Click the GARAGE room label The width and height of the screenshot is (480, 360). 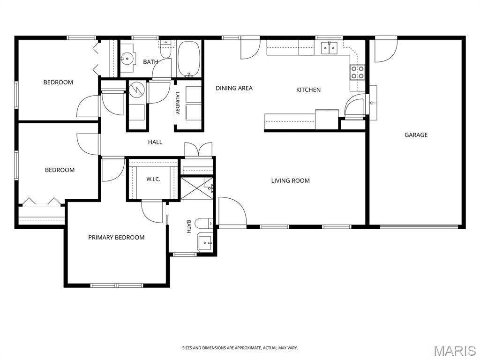tap(416, 135)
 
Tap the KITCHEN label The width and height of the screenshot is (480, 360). tap(308, 90)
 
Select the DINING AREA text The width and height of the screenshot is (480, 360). tap(234, 88)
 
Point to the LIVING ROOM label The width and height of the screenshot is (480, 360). tap(290, 181)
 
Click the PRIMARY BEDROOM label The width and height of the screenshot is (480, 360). tap(116, 238)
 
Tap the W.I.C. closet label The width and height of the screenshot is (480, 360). tap(153, 180)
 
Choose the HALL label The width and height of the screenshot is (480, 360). tap(155, 142)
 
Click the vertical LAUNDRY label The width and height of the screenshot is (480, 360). tap(178, 103)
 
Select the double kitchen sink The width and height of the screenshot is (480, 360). tap(329, 48)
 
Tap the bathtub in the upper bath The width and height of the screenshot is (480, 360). tap(189, 59)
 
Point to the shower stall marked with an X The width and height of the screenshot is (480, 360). tap(196, 188)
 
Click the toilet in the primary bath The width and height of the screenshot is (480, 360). tap(204, 224)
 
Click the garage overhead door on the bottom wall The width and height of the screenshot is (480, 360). tap(419, 227)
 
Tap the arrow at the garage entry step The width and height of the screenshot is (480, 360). tap(371, 103)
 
